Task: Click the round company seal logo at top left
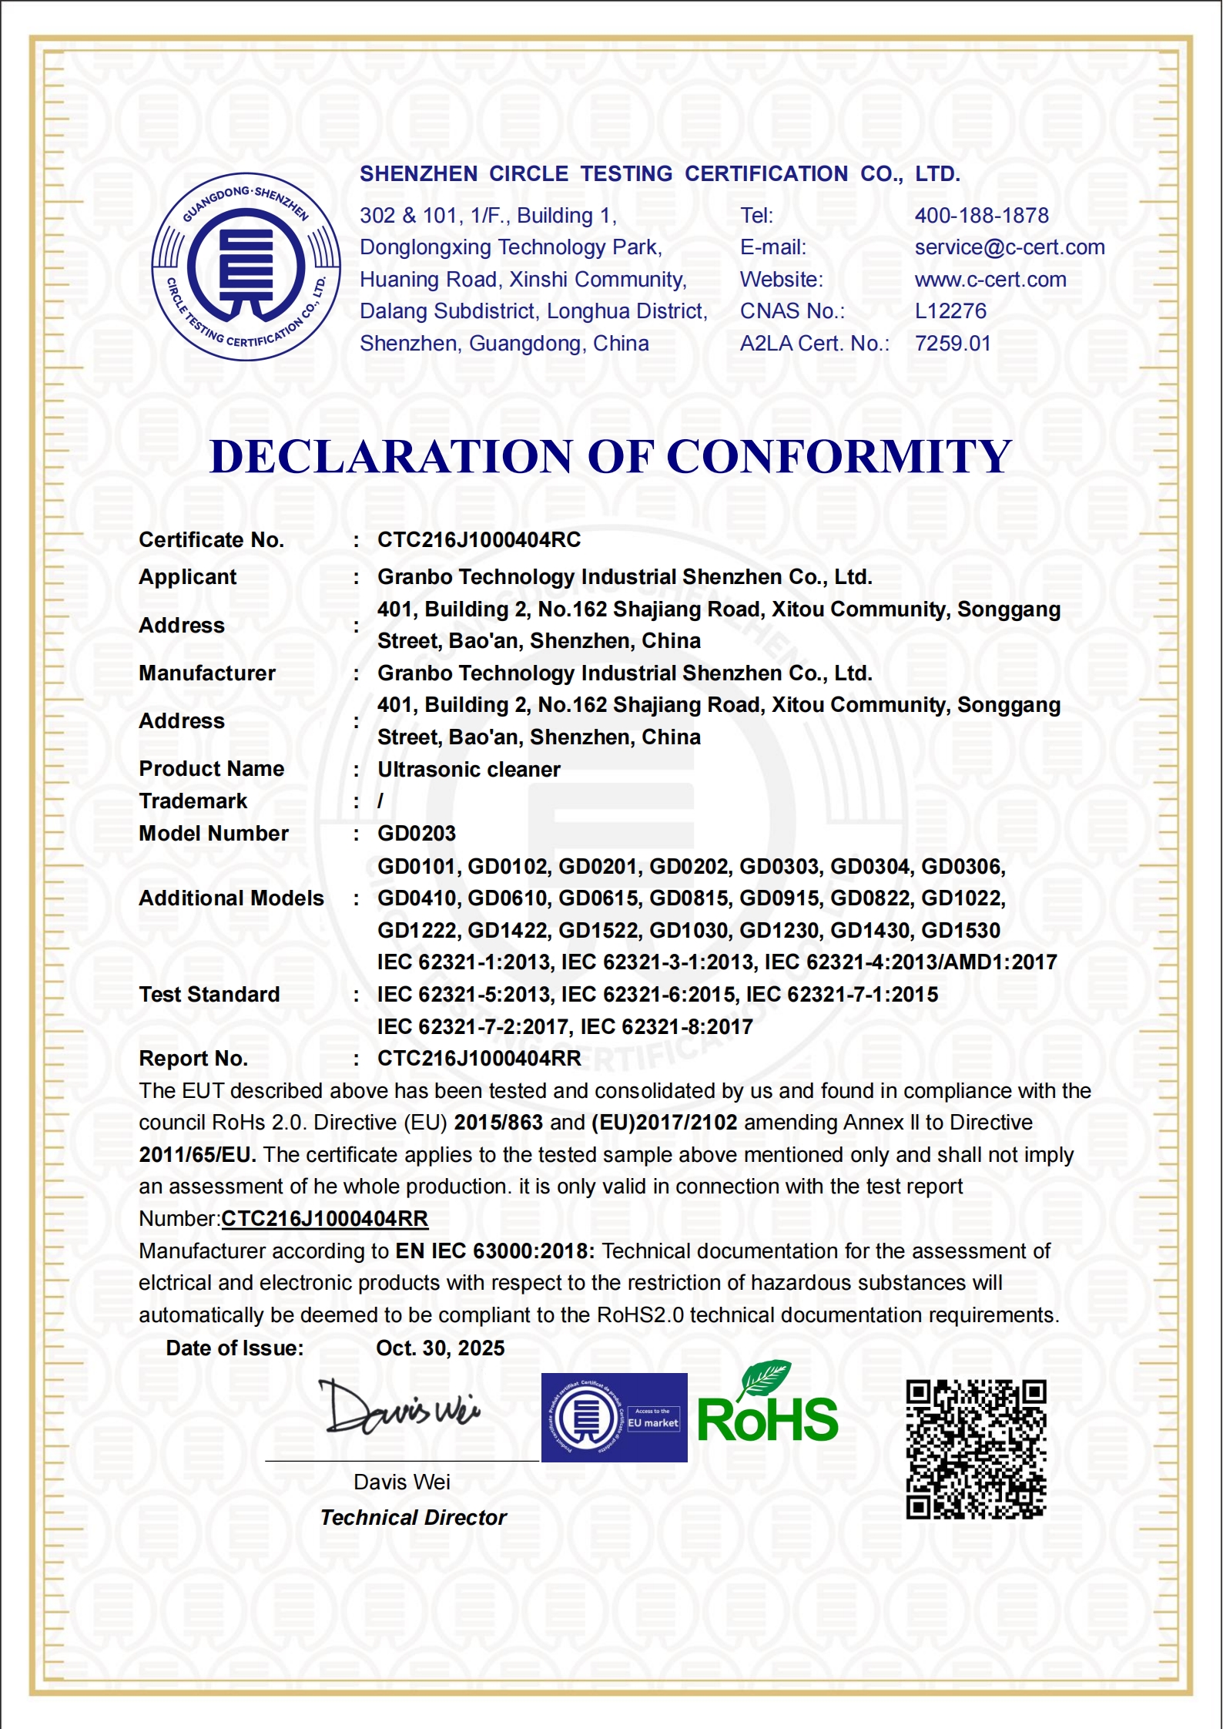click(246, 267)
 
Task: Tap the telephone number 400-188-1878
click(981, 216)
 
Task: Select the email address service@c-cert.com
click(1009, 247)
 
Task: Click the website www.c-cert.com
click(990, 280)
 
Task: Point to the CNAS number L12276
click(950, 311)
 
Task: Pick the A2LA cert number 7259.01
click(952, 344)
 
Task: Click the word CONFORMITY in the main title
click(839, 456)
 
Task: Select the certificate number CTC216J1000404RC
click(478, 540)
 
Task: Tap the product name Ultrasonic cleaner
click(468, 770)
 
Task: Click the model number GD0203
click(416, 834)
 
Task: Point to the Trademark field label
click(193, 801)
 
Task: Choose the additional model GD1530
click(960, 931)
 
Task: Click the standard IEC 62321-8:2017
click(666, 1027)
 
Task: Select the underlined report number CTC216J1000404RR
click(324, 1219)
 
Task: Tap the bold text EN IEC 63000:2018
click(494, 1251)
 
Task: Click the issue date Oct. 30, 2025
click(440, 1348)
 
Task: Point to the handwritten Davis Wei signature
click(400, 1408)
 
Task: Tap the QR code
click(976, 1449)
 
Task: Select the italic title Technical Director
click(413, 1518)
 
